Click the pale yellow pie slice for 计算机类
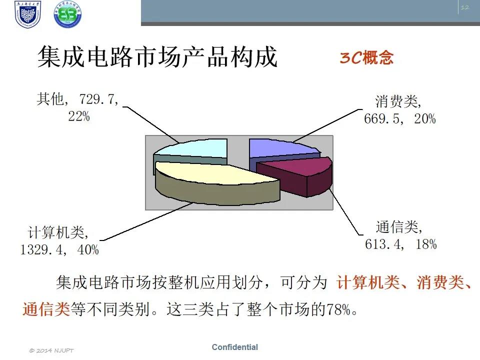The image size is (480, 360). [214, 180]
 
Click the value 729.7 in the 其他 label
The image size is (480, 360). [96, 99]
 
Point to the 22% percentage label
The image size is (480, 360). [79, 116]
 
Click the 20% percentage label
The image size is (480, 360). [425, 119]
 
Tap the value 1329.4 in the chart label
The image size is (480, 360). [41, 250]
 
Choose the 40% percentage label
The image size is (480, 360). [88, 250]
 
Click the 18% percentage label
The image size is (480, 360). [426, 244]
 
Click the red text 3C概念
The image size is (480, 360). [366, 57]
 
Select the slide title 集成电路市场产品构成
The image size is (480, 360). [157, 56]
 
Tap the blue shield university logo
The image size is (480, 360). [27, 14]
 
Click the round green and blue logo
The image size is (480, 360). [67, 14]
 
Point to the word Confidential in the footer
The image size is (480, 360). [235, 347]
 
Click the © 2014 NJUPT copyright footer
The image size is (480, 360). [51, 350]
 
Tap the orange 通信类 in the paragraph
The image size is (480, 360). [46, 309]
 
